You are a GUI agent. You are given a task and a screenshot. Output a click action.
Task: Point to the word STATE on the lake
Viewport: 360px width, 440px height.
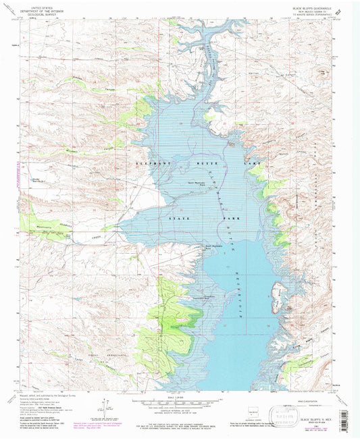tap(168, 219)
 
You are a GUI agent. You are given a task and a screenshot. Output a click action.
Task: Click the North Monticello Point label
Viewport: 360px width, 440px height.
tap(194, 186)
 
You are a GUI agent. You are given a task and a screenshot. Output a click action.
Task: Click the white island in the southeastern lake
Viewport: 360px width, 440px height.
tap(278, 296)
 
